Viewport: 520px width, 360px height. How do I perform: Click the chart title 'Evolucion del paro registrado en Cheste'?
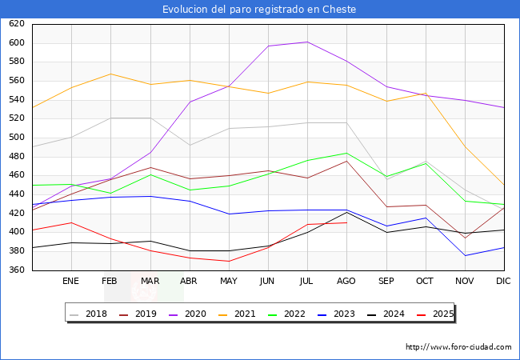point(259,10)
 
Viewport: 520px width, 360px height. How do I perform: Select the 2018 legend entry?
point(95,314)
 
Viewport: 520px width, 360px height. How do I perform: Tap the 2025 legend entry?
point(442,314)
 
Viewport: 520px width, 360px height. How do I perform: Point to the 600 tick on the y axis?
point(17,43)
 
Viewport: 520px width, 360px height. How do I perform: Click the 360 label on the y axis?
point(17,270)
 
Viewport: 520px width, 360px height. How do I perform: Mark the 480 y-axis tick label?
point(17,157)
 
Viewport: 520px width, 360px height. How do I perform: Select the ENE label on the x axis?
point(71,282)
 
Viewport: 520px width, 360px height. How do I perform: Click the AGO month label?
point(346,282)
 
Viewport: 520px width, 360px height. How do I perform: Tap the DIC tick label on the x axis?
point(503,282)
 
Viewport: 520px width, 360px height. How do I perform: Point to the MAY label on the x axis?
point(229,282)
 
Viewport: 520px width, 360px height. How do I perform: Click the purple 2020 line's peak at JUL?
point(307,42)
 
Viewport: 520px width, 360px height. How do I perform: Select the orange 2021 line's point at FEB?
point(110,74)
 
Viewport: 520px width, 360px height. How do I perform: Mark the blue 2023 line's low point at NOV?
point(464,256)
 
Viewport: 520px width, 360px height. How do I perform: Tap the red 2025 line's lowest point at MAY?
point(229,262)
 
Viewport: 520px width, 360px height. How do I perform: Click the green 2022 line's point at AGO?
point(346,153)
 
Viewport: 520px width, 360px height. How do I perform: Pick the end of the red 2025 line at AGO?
point(346,222)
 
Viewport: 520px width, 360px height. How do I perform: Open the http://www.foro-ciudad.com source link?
point(458,347)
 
